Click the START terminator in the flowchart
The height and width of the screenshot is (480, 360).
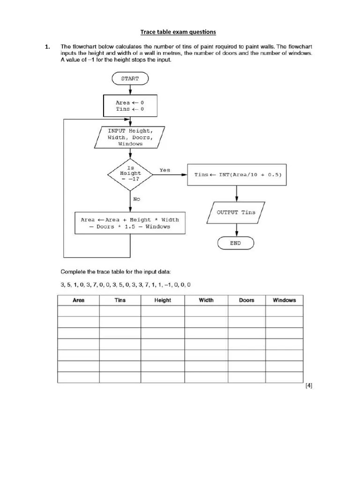pos(130,78)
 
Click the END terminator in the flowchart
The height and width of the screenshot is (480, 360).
pos(235,243)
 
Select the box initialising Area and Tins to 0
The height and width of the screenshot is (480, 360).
pos(130,105)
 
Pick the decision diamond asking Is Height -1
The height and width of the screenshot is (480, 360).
pos(130,174)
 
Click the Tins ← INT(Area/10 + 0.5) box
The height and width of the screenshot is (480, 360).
pos(236,174)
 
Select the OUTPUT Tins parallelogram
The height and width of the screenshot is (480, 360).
pos(236,212)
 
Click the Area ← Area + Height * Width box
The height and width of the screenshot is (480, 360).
pos(130,223)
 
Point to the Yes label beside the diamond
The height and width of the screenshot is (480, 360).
pos(165,170)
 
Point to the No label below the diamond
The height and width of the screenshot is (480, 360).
pos(136,199)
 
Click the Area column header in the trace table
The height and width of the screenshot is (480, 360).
pos(78,300)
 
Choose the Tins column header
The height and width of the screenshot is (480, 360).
pos(120,300)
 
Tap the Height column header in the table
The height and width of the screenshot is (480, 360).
pos(163,300)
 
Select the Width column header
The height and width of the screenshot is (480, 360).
pos(206,300)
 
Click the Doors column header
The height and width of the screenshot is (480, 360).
pos(247,300)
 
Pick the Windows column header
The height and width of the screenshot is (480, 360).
pos(285,300)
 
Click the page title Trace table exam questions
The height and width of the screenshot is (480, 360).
pos(179,32)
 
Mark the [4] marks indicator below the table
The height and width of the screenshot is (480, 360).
pos(308,386)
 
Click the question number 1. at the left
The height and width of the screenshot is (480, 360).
pos(47,47)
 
